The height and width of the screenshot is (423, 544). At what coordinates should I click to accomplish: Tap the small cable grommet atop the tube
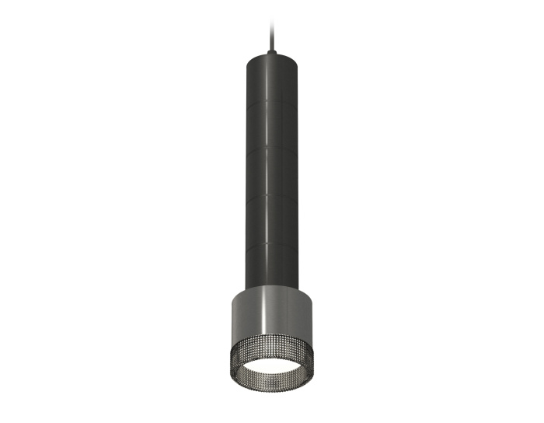[271, 51]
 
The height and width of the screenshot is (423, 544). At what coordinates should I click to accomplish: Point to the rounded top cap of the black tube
[271, 58]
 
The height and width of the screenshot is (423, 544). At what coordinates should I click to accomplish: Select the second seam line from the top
[271, 149]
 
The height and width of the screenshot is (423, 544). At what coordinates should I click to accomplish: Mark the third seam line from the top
[271, 197]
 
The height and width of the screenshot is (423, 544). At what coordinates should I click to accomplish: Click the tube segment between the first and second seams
[271, 125]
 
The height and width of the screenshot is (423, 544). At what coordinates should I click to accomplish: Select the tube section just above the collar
[271, 268]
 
